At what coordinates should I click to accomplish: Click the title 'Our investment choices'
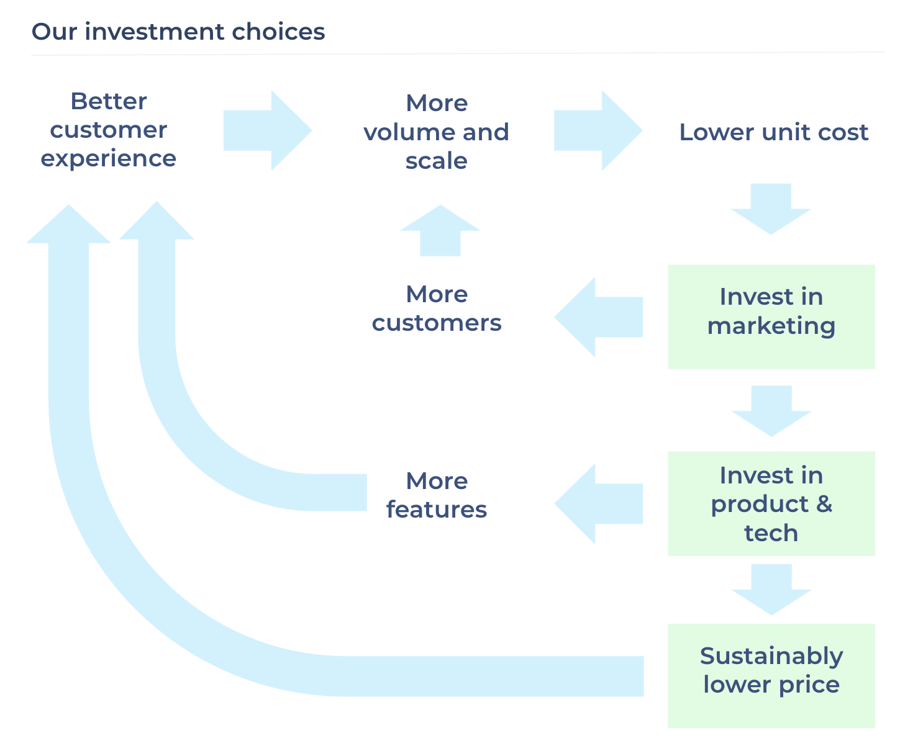pos(178,32)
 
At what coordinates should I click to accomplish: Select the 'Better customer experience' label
pos(109,130)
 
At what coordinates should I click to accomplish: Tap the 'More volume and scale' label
pos(436,132)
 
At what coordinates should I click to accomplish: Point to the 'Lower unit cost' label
pos(773,132)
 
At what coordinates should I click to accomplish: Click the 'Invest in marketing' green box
pos(771,317)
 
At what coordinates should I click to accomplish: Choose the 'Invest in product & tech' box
pos(771,503)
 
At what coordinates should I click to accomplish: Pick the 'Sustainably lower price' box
pos(771,675)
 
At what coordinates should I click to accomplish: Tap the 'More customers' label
pos(436,308)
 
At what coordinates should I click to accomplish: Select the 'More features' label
pos(436,495)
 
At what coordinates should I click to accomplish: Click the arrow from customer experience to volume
pos(267,130)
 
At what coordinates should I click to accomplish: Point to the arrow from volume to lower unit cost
pos(598,130)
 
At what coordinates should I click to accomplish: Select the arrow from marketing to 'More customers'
pos(598,317)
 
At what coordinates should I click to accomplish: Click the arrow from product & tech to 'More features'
pos(598,504)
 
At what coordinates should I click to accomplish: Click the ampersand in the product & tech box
pos(824,504)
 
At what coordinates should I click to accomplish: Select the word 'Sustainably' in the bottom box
pos(771,656)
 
